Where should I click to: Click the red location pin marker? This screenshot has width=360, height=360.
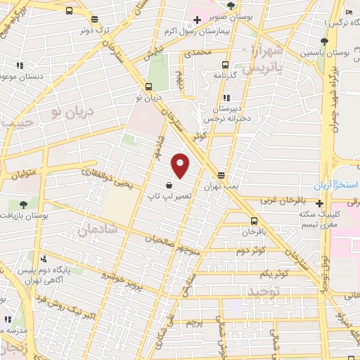[x=181, y=165]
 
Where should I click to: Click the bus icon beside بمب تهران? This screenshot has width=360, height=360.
[x=222, y=176]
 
